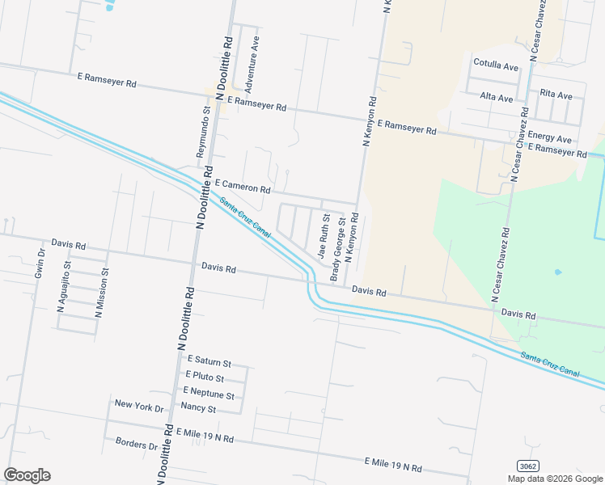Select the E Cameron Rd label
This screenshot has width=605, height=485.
[x=242, y=187]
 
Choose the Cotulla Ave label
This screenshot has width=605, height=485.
[x=496, y=65]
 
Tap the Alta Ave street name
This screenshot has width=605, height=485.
[x=497, y=98]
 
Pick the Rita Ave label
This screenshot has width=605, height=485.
[x=556, y=95]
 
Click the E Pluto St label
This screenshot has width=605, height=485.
[x=205, y=377]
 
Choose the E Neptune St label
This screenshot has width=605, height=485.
[x=209, y=394]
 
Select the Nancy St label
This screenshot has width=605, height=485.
[x=198, y=409]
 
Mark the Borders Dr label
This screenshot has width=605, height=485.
[x=137, y=445]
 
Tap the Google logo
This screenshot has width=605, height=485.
[x=27, y=475]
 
